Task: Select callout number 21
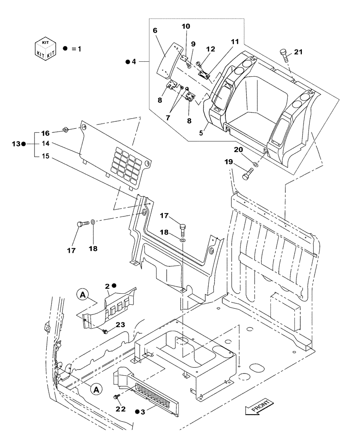[x=299, y=52]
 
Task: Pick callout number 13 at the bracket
[x=15, y=143]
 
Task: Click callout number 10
[x=186, y=27]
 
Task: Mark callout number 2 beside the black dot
[x=107, y=286]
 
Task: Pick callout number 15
[x=45, y=155]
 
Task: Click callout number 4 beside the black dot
[x=134, y=62]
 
